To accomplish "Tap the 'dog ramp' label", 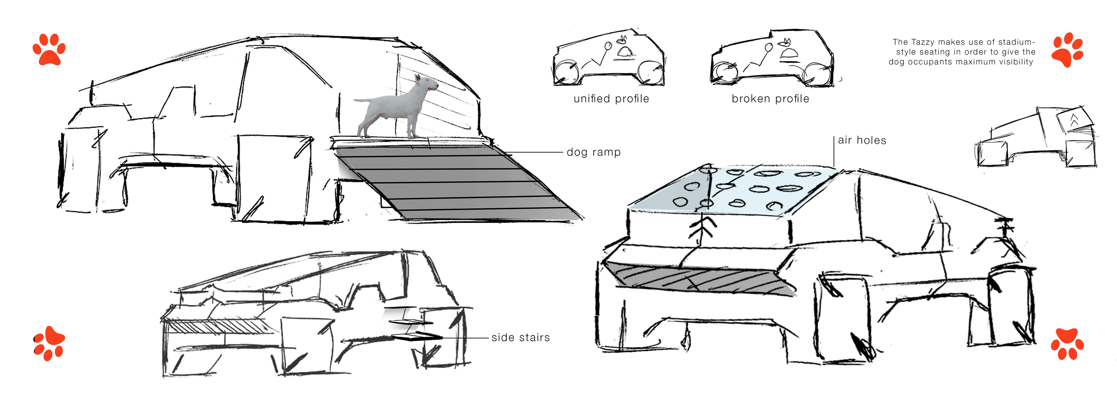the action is [594, 152].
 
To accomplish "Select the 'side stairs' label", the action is [521, 337].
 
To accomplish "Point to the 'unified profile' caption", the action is [611, 99].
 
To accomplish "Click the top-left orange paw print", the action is [49, 49].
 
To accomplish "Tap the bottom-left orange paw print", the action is [49, 343].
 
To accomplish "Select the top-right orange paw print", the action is [1067, 50].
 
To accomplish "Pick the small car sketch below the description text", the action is [1036, 138].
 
